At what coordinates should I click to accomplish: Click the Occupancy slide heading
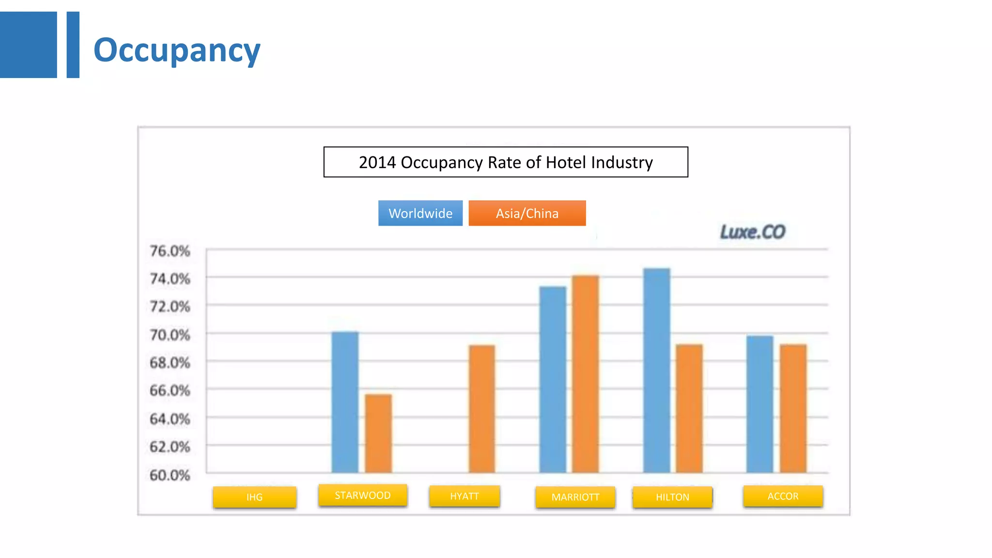(176, 50)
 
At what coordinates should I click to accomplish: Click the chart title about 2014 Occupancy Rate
(505, 162)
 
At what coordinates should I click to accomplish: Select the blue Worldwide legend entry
(420, 213)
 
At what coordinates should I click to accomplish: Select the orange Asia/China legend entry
(527, 213)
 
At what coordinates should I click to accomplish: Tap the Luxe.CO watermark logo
(752, 232)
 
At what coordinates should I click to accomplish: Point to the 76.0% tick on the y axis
(170, 251)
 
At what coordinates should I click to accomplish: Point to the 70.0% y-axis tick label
(170, 335)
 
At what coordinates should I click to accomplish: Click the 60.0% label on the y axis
(170, 475)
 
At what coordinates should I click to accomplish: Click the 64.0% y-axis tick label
(170, 418)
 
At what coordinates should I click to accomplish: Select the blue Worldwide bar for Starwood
(345, 402)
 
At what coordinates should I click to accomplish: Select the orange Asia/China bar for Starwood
(378, 434)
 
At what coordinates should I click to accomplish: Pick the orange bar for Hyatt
(482, 409)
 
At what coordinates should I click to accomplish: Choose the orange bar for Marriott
(586, 374)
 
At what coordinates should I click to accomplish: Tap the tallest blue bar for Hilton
(657, 370)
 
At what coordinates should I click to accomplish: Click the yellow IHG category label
(254, 497)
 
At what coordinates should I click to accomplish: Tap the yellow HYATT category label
(464, 496)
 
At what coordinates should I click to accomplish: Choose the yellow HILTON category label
(672, 497)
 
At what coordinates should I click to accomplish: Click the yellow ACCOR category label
(783, 496)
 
